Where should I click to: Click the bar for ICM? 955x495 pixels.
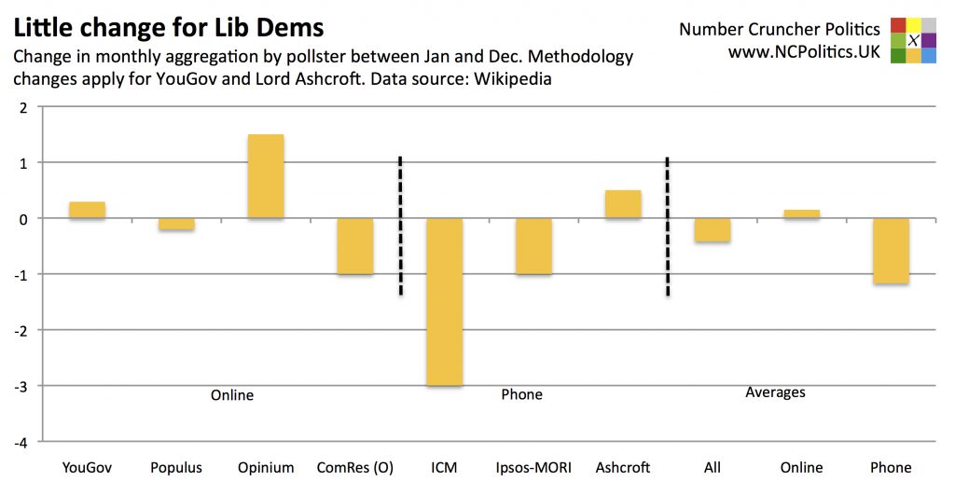click(x=444, y=302)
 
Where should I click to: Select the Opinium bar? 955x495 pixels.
click(x=266, y=177)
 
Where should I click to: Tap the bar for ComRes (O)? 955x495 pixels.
click(x=355, y=246)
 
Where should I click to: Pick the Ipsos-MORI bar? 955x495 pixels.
click(x=533, y=246)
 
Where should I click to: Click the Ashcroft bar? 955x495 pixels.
click(x=623, y=204)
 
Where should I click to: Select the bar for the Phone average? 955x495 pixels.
click(x=891, y=251)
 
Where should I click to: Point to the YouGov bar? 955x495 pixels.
click(x=87, y=210)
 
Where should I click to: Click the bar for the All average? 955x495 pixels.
click(x=713, y=230)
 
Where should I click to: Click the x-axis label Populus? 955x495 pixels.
click(x=176, y=467)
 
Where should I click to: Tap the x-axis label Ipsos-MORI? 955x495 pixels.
click(x=533, y=467)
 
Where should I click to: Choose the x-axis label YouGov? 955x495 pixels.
click(x=87, y=467)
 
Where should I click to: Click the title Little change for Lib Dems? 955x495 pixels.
click(x=169, y=25)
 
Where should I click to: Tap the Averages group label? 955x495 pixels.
click(x=775, y=392)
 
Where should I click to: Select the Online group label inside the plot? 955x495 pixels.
click(x=232, y=395)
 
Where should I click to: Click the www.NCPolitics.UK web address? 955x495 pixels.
click(x=804, y=52)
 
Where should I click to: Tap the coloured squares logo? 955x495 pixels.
click(x=913, y=40)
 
